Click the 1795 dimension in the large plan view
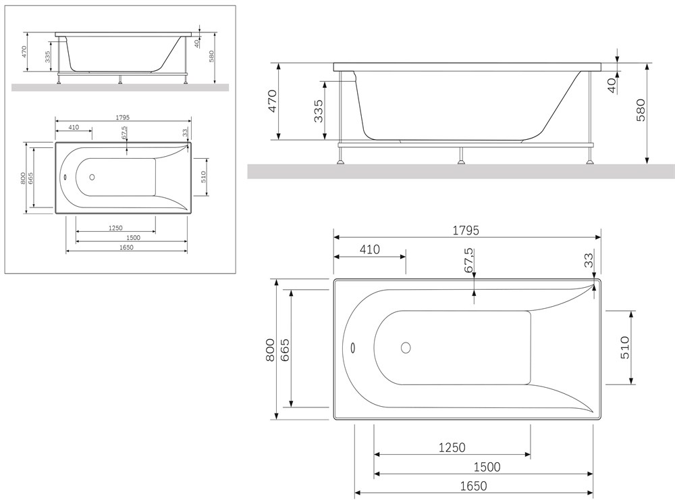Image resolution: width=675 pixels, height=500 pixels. point(466,230)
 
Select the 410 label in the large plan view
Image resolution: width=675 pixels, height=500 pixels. point(370,249)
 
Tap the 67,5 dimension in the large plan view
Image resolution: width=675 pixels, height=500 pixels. point(469,260)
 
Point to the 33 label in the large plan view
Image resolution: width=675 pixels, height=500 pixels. point(589,260)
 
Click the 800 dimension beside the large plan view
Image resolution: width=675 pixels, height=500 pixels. point(270,349)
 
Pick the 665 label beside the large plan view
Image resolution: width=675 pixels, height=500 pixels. point(285,349)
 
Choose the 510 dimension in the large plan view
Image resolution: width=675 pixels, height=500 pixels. point(624,347)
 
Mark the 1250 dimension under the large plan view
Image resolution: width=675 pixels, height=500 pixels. point(452,448)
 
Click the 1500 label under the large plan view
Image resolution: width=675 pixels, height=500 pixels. point(487,467)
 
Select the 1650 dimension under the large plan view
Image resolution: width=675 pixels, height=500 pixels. point(474,486)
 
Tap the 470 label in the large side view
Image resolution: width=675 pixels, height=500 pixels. point(273,101)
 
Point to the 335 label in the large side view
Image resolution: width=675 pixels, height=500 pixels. point(318,111)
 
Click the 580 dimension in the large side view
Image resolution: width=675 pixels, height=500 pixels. point(641,110)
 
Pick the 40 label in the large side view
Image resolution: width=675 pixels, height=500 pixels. point(612,86)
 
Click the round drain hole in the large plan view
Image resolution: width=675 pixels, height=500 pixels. point(406,347)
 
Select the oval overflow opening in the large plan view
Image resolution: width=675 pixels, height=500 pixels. point(353,347)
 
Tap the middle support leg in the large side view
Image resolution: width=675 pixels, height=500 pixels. point(462,155)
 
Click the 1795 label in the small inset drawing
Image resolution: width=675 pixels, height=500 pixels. point(123,118)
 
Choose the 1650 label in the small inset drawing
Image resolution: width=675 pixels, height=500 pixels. point(127,247)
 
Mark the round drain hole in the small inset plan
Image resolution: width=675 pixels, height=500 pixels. point(92,177)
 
